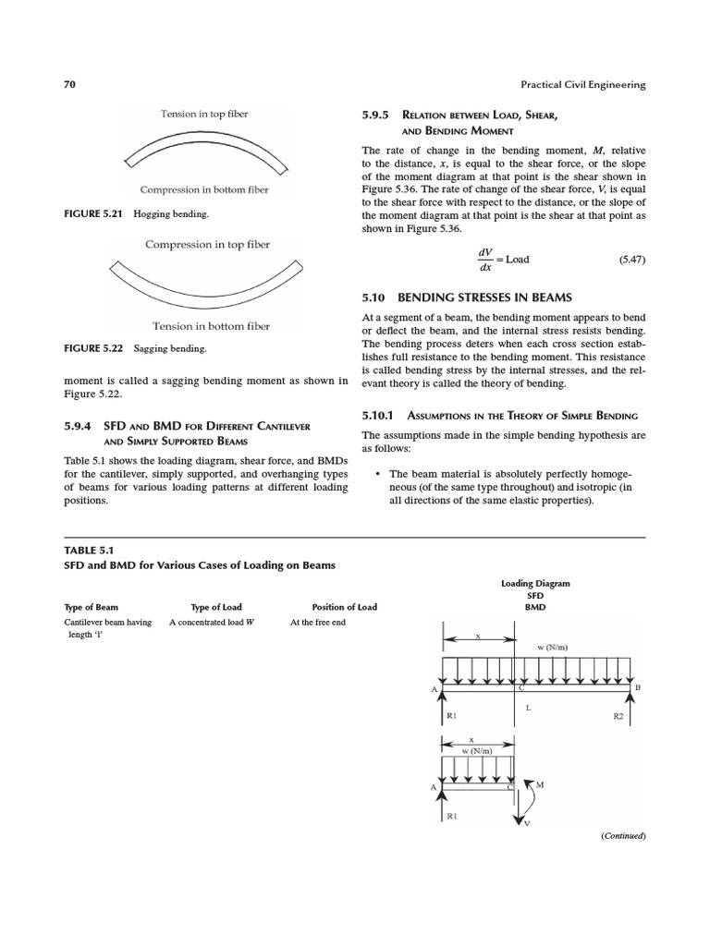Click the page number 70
click(69, 85)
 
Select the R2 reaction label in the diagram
click(619, 715)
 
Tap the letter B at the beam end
click(637, 688)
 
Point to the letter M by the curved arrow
click(540, 784)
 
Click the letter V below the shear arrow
click(527, 823)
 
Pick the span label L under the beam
click(529, 708)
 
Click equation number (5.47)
click(631, 260)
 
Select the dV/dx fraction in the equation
click(485, 260)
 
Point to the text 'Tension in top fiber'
click(204, 114)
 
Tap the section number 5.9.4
click(80, 426)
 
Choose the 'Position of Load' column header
click(344, 607)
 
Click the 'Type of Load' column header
click(216, 607)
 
